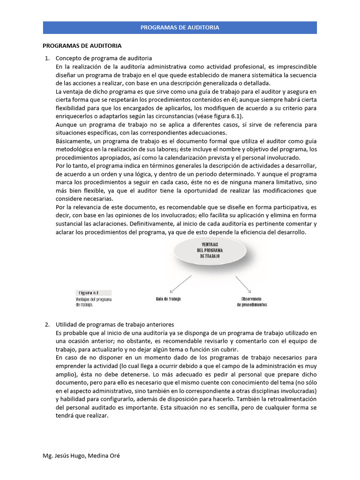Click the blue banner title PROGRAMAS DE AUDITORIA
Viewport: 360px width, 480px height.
(x=180, y=28)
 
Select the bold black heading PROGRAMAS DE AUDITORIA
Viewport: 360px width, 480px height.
(x=82, y=45)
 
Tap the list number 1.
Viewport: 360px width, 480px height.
(x=46, y=58)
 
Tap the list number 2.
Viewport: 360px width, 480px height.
(x=46, y=324)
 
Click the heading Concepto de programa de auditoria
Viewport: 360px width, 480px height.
(x=104, y=58)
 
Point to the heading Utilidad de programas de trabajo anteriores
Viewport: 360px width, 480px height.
(x=115, y=324)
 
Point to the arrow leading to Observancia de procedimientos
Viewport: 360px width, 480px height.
(x=244, y=285)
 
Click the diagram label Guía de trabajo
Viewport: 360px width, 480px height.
(x=168, y=299)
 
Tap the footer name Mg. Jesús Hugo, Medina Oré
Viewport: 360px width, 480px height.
(x=81, y=456)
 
